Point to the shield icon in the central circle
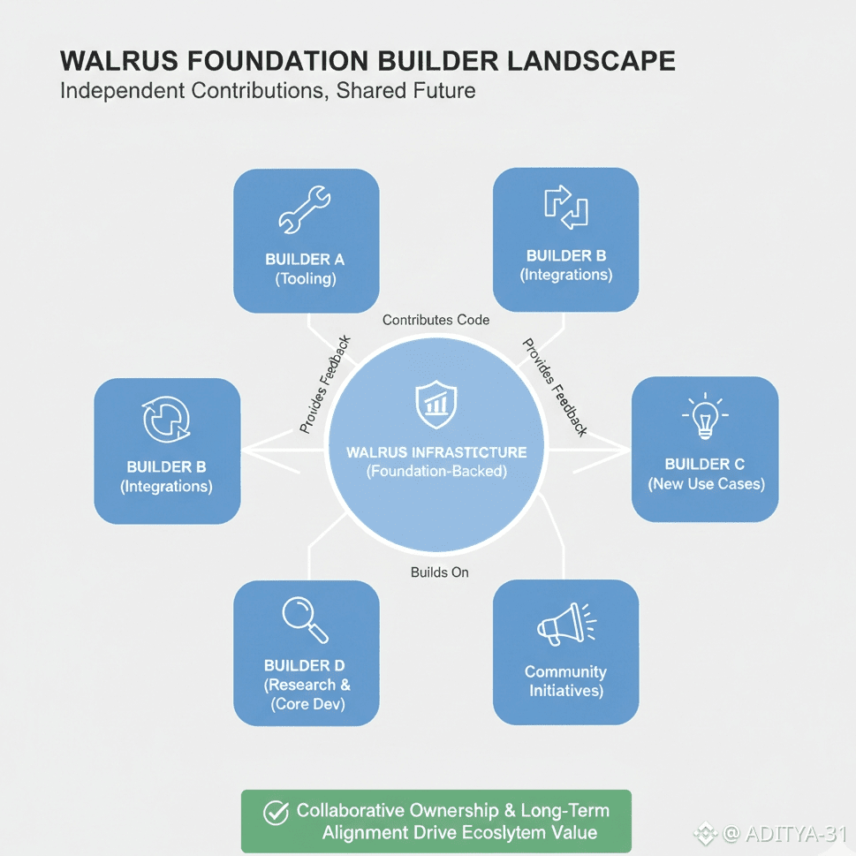(x=435, y=403)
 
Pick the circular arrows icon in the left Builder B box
(x=166, y=419)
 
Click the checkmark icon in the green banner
(x=277, y=812)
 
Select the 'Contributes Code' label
(x=436, y=320)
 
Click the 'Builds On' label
(x=439, y=572)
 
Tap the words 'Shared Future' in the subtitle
(x=406, y=90)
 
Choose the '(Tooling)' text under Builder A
(x=306, y=279)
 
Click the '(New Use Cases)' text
(x=706, y=484)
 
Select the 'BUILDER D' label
(x=305, y=665)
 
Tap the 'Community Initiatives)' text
(x=566, y=681)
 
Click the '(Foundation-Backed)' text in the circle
(x=436, y=472)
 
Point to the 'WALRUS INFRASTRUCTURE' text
(x=436, y=452)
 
